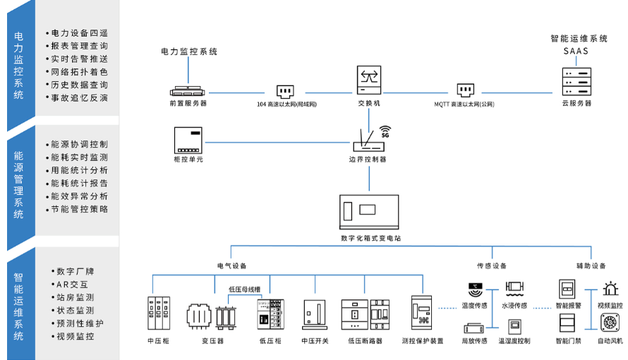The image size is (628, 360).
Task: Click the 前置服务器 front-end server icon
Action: click(188, 90)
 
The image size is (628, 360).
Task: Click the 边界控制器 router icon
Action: click(368, 143)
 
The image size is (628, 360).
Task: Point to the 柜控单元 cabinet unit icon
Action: click(188, 140)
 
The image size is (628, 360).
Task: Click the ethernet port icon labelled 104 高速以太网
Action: click(285, 91)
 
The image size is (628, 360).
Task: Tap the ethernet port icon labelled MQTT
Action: click(465, 91)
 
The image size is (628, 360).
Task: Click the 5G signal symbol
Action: click(385, 131)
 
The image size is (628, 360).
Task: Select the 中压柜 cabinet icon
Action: click(159, 312)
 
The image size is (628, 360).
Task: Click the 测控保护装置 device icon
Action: click(422, 312)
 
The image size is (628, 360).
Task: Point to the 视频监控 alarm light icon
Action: click(610, 289)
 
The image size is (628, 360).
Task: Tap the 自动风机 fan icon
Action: click(610, 323)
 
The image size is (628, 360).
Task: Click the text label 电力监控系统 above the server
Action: click(189, 52)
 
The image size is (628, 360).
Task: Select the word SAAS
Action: click(575, 52)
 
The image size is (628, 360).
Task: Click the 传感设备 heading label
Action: click(492, 266)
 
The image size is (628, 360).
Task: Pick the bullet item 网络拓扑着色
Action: click(79, 72)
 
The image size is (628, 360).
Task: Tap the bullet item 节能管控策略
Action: click(79, 210)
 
